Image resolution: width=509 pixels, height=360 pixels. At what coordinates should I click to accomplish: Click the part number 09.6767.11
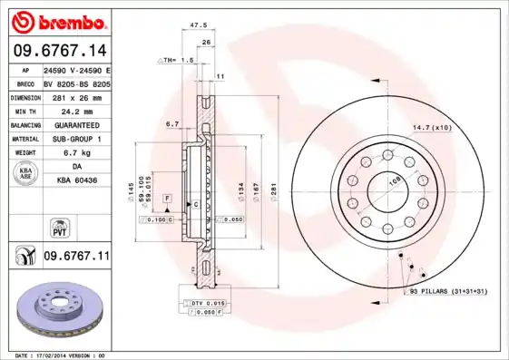76,258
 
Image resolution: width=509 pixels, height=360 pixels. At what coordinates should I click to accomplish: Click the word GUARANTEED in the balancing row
76,124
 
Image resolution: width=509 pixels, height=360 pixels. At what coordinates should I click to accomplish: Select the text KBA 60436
76,181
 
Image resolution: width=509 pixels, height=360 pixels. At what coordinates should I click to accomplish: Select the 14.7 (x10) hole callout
432,127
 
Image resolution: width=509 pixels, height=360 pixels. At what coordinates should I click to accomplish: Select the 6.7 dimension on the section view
171,122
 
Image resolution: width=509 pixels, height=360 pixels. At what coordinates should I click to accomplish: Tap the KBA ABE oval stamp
25,173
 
